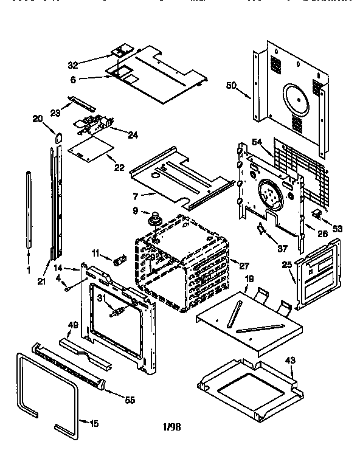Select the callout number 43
290,360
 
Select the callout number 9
136,211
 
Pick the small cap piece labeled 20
58,138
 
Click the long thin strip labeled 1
29,210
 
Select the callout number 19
249,278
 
